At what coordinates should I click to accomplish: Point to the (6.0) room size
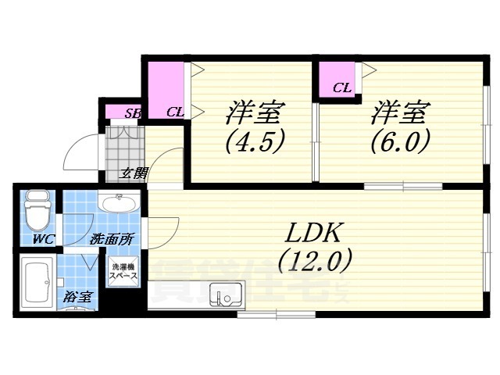(398, 142)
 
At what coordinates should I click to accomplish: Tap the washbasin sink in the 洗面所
(119, 205)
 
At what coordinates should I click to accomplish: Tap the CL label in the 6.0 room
(341, 87)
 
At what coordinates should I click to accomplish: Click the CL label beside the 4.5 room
(175, 112)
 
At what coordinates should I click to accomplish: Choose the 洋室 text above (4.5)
(253, 112)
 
